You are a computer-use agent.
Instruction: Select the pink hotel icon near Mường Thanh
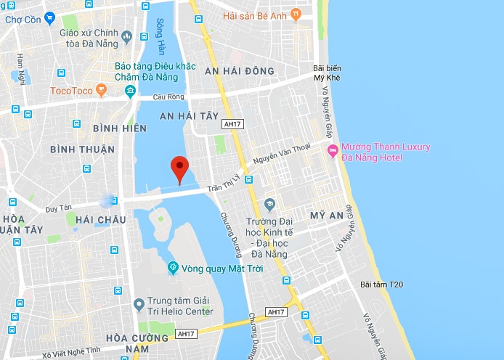(333, 151)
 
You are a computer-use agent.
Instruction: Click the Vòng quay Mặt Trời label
(222, 268)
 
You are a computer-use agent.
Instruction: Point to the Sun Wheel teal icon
(173, 268)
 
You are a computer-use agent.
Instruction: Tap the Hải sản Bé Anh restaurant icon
(296, 14)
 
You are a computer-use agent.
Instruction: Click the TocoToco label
(71, 91)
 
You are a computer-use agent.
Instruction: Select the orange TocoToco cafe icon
(101, 91)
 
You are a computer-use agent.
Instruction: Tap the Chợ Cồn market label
(23, 20)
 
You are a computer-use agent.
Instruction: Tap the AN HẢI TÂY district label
(189, 115)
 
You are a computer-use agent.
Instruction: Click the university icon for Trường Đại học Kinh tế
(269, 204)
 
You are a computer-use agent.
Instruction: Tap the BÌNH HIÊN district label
(120, 128)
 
